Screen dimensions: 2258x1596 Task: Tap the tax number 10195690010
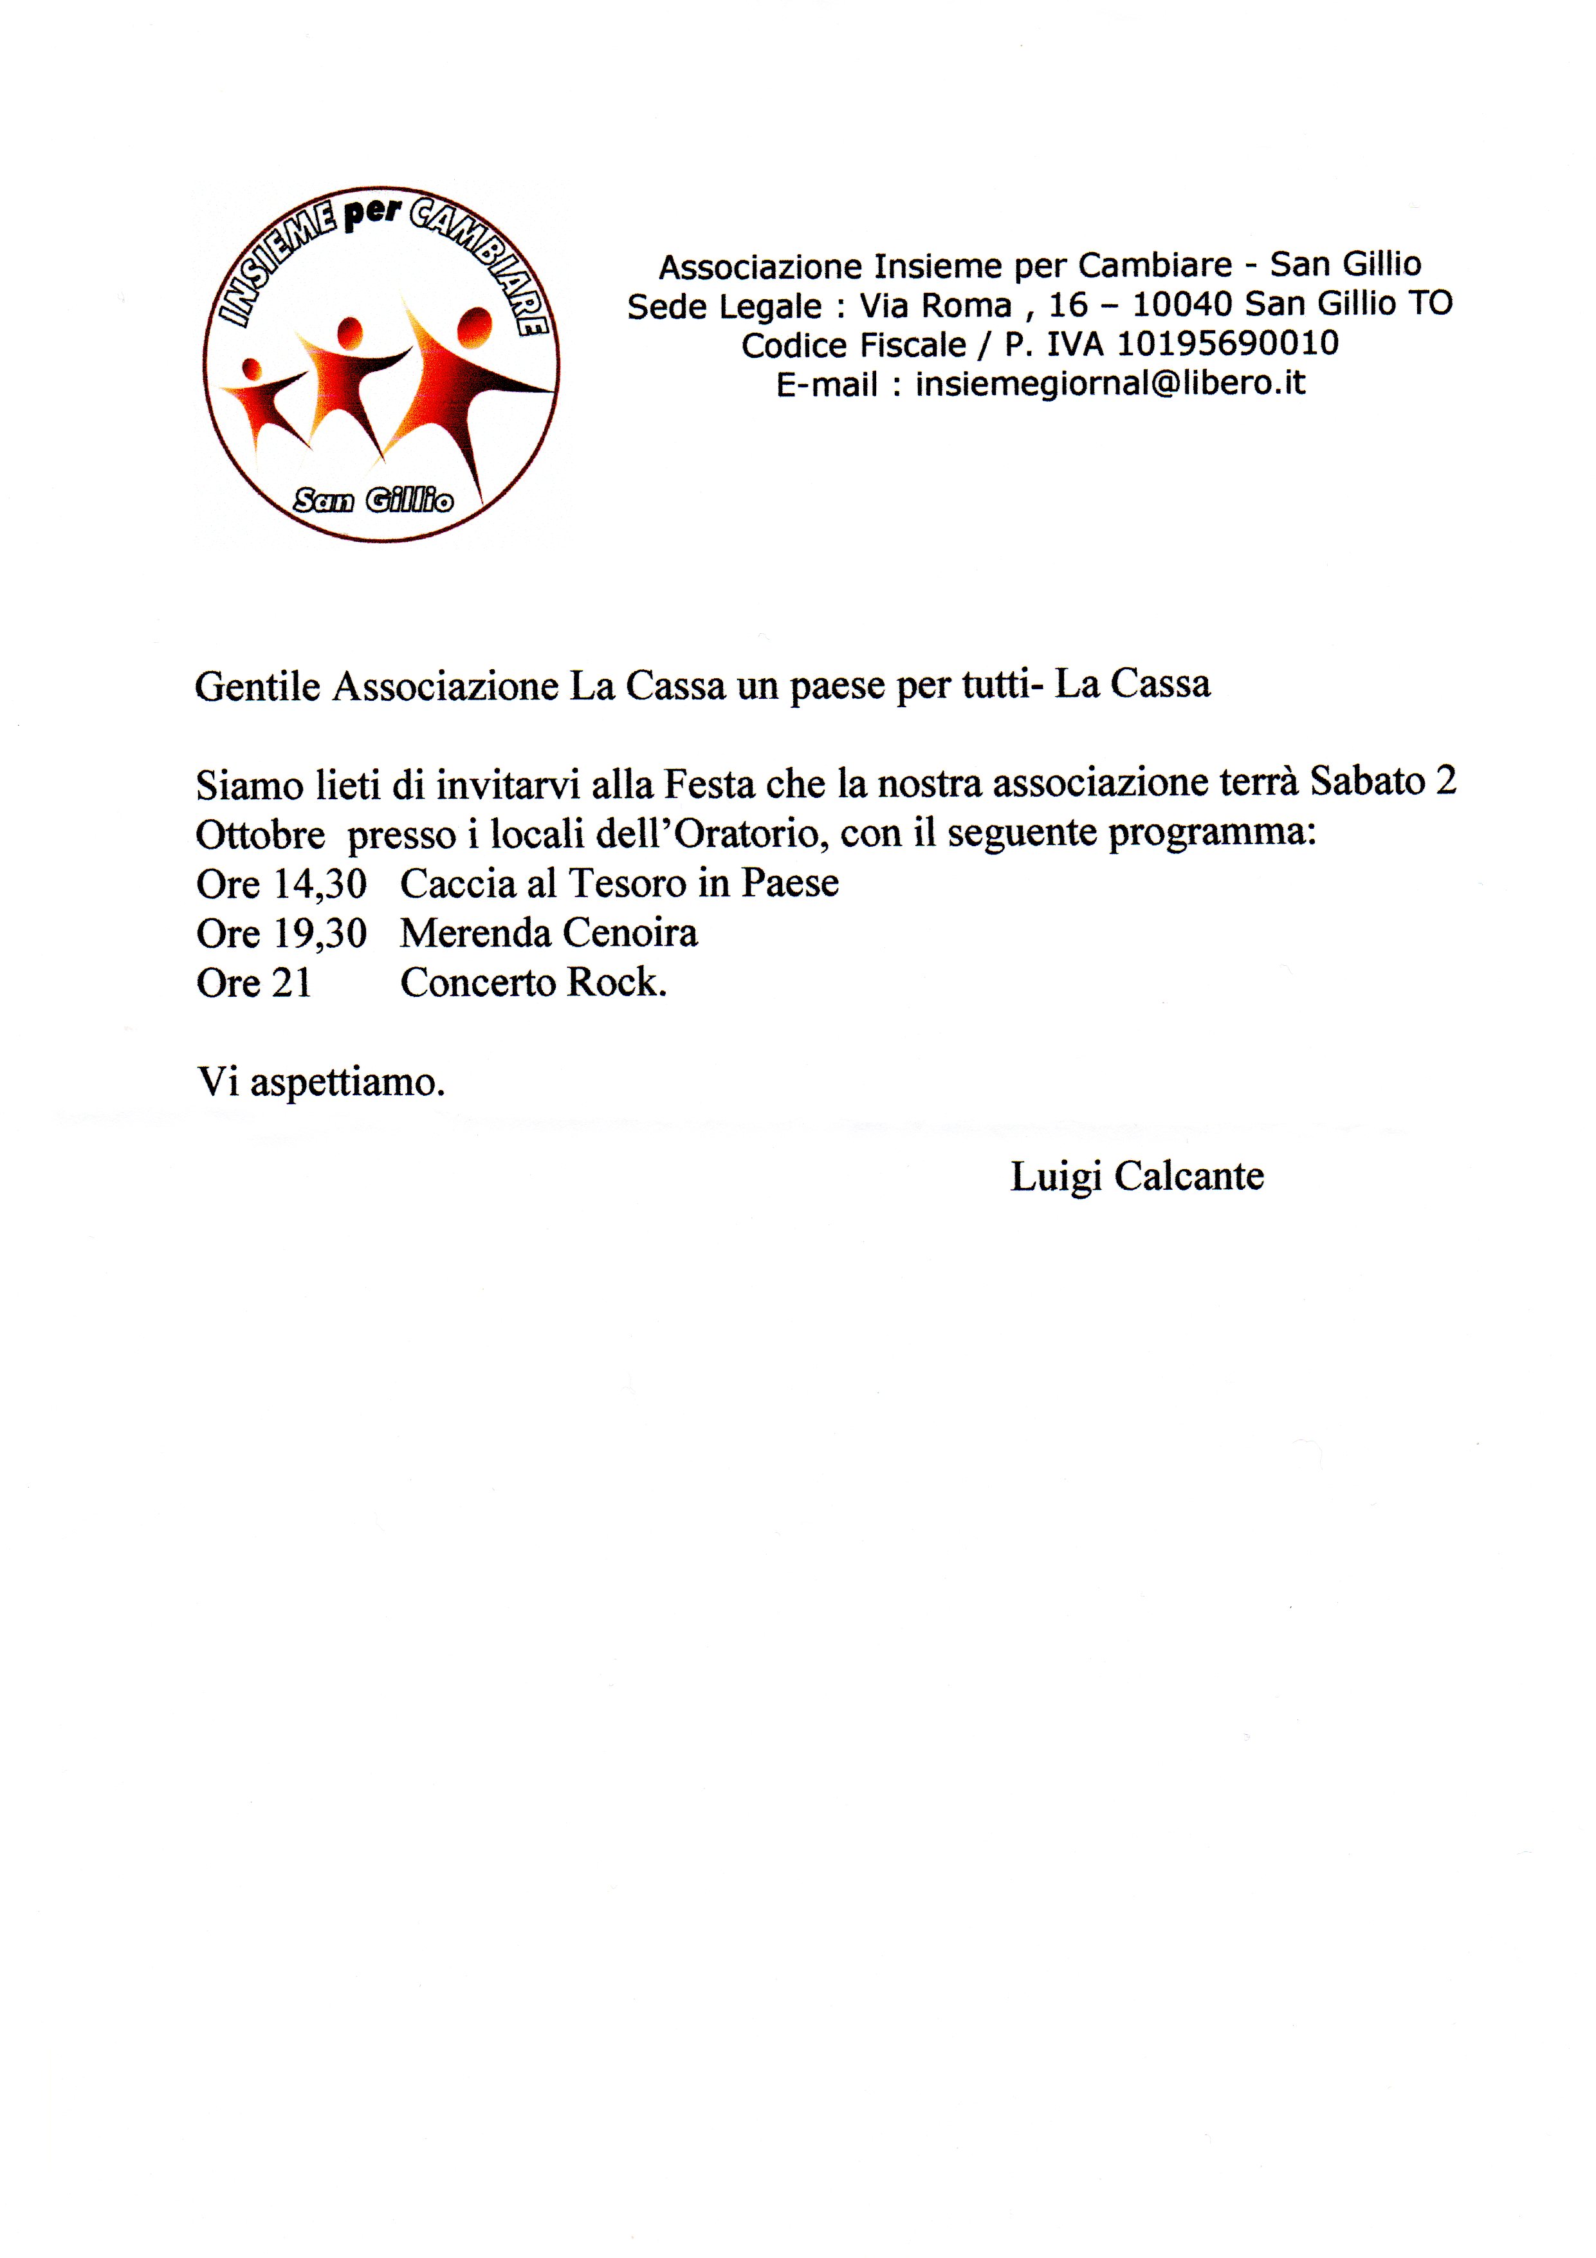(x=1227, y=343)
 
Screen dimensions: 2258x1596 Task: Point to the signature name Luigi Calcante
(x=1137, y=1176)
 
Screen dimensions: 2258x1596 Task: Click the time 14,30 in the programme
(x=320, y=884)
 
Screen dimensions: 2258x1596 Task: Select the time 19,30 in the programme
(x=320, y=933)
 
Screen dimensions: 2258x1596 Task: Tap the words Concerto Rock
(x=533, y=983)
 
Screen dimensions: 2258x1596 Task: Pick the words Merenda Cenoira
(x=549, y=933)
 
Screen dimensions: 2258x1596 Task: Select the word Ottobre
(x=261, y=835)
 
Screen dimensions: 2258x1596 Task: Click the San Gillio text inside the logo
(x=374, y=501)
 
